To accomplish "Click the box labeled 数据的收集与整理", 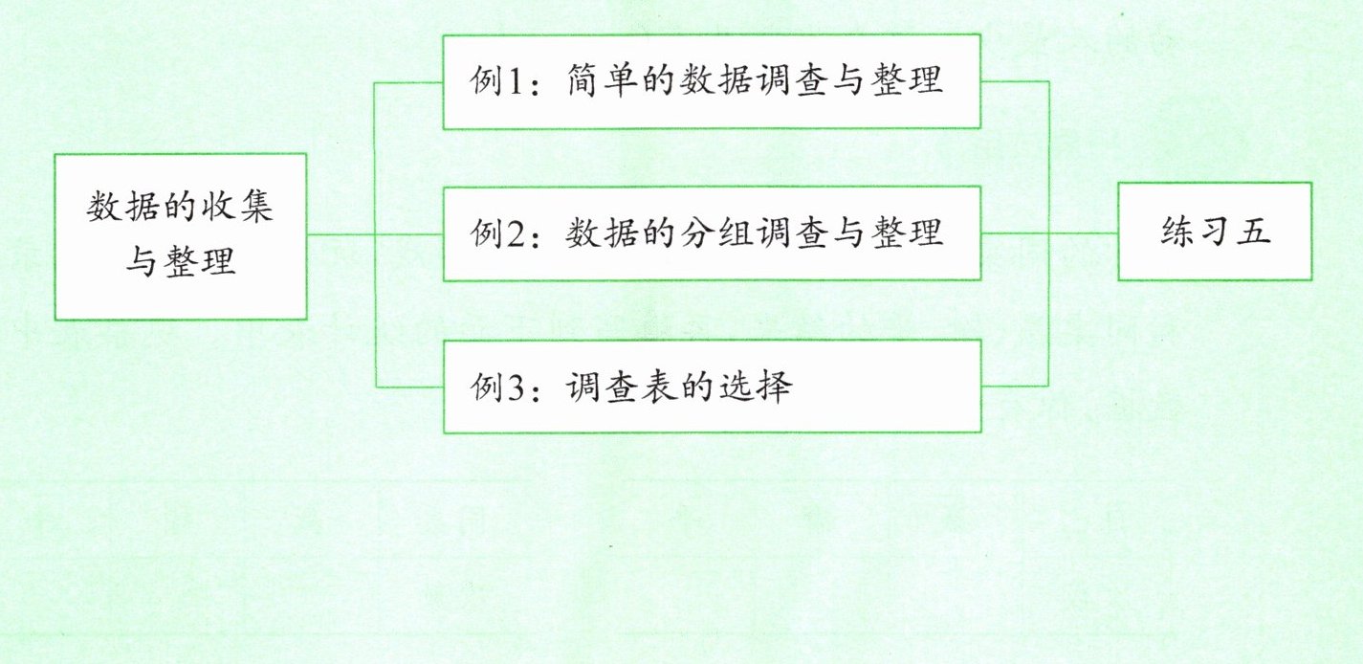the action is click(x=181, y=235).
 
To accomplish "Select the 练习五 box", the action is click(x=1215, y=232).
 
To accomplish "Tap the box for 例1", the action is click(x=711, y=81).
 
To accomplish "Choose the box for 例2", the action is click(x=711, y=233).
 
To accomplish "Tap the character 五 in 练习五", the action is click(x=1253, y=232).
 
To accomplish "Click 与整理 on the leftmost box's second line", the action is click(x=181, y=260).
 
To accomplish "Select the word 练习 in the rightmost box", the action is click(x=1196, y=232).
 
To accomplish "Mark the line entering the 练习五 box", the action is click(x=1086, y=232).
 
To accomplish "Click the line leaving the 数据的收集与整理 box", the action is click(x=341, y=234).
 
